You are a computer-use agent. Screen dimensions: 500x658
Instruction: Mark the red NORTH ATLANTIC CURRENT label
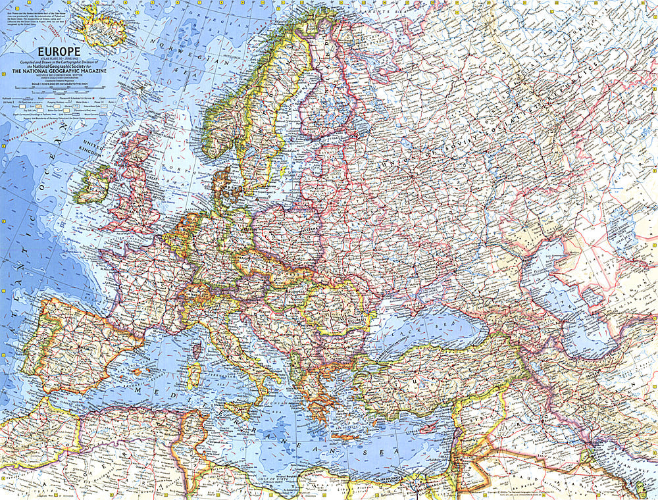[36, 129]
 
